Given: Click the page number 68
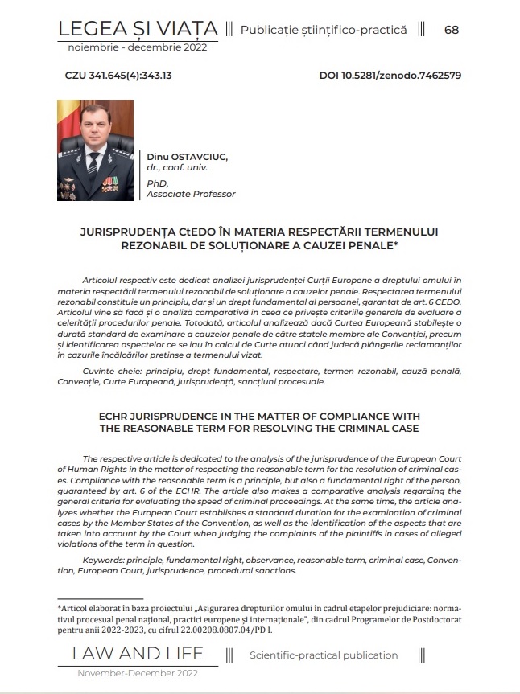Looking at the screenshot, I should coord(451,30).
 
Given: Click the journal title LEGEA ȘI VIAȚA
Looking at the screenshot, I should coord(138,30).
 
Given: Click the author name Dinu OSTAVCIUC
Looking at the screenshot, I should coord(188,155).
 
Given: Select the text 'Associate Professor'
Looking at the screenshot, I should coord(192,194).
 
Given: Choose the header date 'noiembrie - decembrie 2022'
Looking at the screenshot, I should coord(138,47).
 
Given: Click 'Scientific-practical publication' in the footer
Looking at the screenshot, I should coord(324,655).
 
